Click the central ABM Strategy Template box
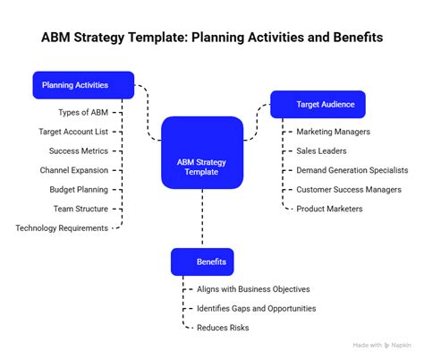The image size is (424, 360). pyautogui.click(x=202, y=153)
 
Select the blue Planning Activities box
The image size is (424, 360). pyautogui.click(x=83, y=85)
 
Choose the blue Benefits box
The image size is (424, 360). pyautogui.click(x=202, y=262)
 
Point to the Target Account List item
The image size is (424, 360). pyautogui.click(x=73, y=131)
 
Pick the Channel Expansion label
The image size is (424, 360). pyautogui.click(x=73, y=170)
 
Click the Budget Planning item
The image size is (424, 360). pyautogui.click(x=79, y=190)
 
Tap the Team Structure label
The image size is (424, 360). pyautogui.click(x=80, y=209)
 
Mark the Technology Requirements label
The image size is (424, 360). pyautogui.click(x=62, y=228)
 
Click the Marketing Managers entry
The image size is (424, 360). pyautogui.click(x=332, y=132)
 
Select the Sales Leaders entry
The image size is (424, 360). pyautogui.click(x=321, y=151)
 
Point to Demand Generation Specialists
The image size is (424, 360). pyautogui.click(x=352, y=170)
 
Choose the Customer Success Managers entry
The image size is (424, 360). pyautogui.click(x=349, y=190)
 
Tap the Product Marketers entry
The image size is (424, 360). pyautogui.click(x=330, y=209)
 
